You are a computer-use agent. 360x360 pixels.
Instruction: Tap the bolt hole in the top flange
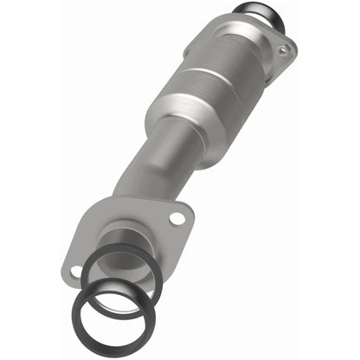pyautogui.click(x=283, y=51)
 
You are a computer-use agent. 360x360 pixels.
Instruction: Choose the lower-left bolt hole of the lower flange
pyautogui.click(x=76, y=271)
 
